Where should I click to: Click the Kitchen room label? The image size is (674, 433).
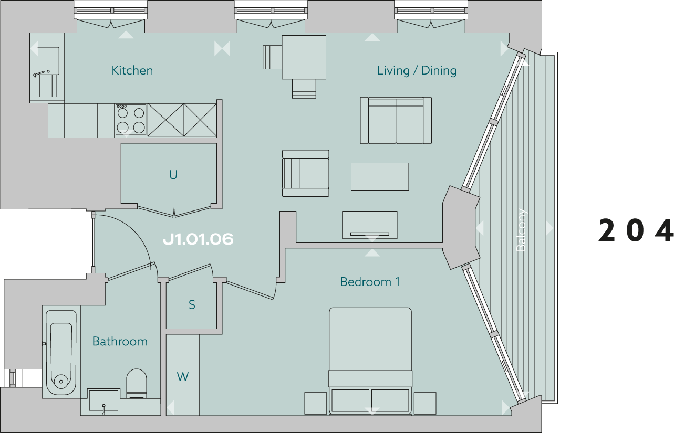tap(132, 70)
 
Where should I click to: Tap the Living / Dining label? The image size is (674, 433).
tap(417, 70)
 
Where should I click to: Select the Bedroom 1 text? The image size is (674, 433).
tap(370, 282)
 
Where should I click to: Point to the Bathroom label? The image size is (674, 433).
tap(120, 341)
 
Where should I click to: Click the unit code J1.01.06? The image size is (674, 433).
tap(198, 239)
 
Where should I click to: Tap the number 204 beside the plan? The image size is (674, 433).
tap(636, 230)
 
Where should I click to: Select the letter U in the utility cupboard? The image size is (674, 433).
tap(173, 175)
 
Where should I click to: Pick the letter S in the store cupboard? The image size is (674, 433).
tap(192, 304)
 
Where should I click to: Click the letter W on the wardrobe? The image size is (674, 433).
tap(183, 376)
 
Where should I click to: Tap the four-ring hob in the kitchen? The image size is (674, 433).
tap(131, 120)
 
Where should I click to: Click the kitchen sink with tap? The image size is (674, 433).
tap(47, 72)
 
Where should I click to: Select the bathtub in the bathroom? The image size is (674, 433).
tap(61, 353)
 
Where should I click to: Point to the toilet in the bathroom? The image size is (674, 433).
tap(137, 383)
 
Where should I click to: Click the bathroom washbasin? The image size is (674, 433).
tap(103, 400)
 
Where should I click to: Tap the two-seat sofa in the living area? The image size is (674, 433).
tap(396, 120)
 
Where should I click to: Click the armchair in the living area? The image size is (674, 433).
tap(305, 173)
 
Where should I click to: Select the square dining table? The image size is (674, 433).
tap(304, 57)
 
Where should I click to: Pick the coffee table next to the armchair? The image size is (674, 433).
tap(380, 176)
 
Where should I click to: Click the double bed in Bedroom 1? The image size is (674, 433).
tap(370, 361)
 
